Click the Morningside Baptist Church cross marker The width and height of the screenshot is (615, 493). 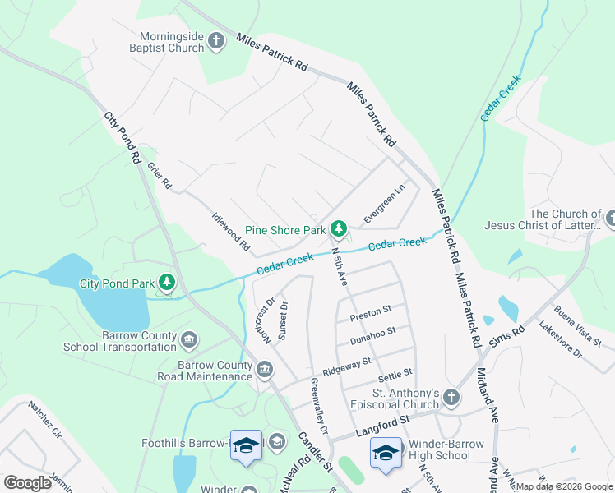coord(216,41)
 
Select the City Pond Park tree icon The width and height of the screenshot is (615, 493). coord(168,283)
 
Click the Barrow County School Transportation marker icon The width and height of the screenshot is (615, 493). coord(190,340)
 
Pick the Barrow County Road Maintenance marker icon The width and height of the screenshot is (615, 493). coord(265,370)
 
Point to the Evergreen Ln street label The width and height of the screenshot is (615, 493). coord(385,202)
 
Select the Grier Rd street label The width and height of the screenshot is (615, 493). coord(159,174)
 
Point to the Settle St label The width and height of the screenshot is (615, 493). coord(395,377)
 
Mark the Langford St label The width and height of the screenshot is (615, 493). coord(382,426)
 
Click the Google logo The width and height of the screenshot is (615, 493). coord(28,483)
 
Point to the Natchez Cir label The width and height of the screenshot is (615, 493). coord(45,418)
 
